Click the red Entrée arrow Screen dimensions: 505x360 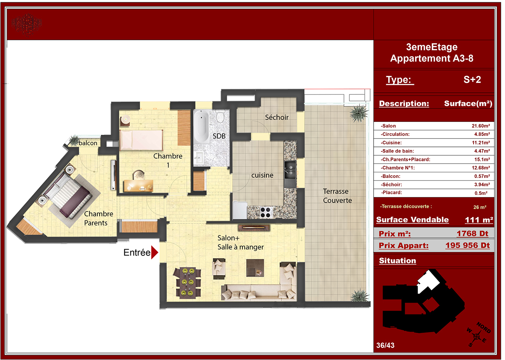[154, 252]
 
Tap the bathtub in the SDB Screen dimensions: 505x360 [201, 126]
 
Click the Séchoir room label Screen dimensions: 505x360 [277, 117]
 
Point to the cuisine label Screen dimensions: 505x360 [262, 175]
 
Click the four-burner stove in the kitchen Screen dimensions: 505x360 [266, 212]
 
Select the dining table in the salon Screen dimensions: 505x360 [187, 283]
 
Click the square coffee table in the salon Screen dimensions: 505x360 [255, 268]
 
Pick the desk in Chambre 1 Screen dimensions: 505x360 [139, 186]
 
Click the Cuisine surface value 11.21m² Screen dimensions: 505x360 [481, 143]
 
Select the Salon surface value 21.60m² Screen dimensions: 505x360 [481, 126]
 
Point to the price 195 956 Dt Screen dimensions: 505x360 [467, 245]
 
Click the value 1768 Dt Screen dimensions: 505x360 [472, 234]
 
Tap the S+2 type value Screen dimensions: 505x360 [472, 79]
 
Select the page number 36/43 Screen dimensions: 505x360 [385, 345]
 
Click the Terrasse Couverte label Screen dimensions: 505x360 [337, 196]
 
